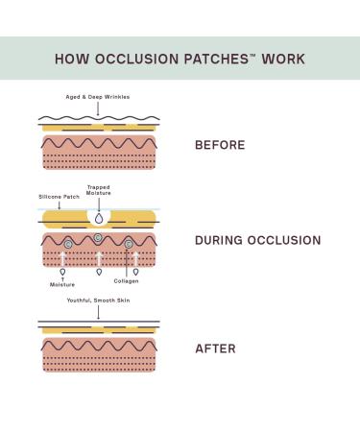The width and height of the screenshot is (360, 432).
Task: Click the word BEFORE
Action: (x=220, y=146)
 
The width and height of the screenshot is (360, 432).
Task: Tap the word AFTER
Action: (x=214, y=348)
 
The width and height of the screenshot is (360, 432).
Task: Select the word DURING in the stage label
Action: (x=220, y=240)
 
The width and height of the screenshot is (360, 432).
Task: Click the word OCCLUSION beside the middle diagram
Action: (x=283, y=240)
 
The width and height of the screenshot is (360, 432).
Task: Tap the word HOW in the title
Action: (x=72, y=59)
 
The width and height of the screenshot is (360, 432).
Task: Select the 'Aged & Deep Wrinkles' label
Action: (x=97, y=97)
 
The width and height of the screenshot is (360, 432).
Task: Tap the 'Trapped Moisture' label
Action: (x=99, y=190)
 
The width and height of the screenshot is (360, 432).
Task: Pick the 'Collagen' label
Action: (x=126, y=281)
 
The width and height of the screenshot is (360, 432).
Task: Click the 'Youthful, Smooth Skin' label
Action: (x=99, y=300)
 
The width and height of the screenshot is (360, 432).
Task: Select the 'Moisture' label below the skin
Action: (x=62, y=285)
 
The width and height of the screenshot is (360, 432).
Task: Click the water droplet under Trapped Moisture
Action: (x=99, y=217)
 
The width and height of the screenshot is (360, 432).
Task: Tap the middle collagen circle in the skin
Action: (x=98, y=238)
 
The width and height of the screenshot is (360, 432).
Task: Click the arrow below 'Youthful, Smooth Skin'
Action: (x=98, y=312)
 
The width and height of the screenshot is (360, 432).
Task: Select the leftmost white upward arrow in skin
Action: (x=62, y=258)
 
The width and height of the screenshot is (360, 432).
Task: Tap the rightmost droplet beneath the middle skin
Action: (x=135, y=272)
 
